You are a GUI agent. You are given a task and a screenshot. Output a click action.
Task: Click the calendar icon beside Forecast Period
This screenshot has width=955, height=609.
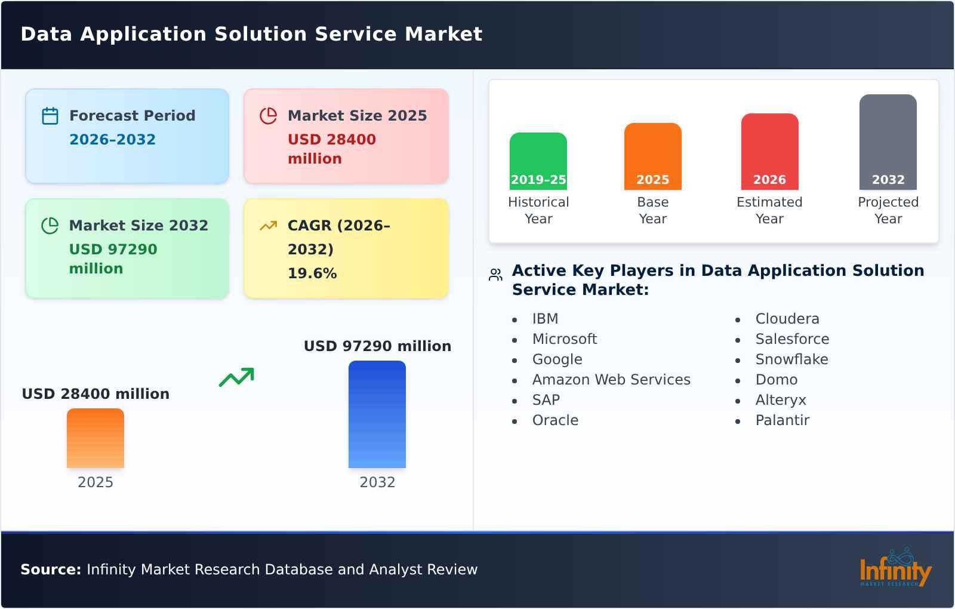pyautogui.click(x=50, y=116)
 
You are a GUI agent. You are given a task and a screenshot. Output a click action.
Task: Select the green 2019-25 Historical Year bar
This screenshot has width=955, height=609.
pyautogui.click(x=538, y=161)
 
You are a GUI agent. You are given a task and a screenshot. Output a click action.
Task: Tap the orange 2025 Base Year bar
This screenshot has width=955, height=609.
pyautogui.click(x=652, y=156)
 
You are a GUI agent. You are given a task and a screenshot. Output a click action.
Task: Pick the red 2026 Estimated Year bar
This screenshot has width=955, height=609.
pyautogui.click(x=769, y=151)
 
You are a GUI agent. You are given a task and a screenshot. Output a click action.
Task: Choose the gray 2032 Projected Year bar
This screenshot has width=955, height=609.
pyautogui.click(x=888, y=142)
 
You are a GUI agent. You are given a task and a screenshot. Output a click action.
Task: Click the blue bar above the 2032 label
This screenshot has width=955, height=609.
pyautogui.click(x=377, y=414)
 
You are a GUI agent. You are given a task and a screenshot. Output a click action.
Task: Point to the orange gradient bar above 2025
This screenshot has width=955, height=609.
pyautogui.click(x=95, y=438)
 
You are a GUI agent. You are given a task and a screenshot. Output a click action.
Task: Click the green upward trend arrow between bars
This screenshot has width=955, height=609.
pyautogui.click(x=236, y=377)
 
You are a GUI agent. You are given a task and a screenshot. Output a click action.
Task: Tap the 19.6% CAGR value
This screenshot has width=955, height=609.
pyautogui.click(x=312, y=273)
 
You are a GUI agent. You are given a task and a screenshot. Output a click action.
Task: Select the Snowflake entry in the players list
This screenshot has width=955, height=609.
pyautogui.click(x=791, y=359)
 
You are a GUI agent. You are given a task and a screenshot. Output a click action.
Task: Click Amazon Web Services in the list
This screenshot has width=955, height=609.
pyautogui.click(x=611, y=380)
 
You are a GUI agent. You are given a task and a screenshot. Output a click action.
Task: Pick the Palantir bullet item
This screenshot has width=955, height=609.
pyautogui.click(x=782, y=420)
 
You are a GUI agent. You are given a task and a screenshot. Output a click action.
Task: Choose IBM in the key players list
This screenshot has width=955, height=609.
pyautogui.click(x=545, y=319)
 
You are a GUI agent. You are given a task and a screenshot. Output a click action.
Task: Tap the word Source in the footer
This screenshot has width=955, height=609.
pyautogui.click(x=50, y=570)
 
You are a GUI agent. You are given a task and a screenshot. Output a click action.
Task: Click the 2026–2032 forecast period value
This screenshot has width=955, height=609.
pyautogui.click(x=112, y=140)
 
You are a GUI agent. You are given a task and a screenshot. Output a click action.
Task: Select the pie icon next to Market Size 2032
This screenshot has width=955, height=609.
pyautogui.click(x=50, y=226)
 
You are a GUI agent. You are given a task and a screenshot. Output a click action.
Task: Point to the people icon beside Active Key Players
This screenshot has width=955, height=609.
pyautogui.click(x=495, y=275)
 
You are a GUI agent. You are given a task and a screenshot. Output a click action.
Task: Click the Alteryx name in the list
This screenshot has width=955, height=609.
pyautogui.click(x=780, y=400)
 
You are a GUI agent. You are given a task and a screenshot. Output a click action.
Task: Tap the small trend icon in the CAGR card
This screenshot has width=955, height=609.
pyautogui.click(x=268, y=226)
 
